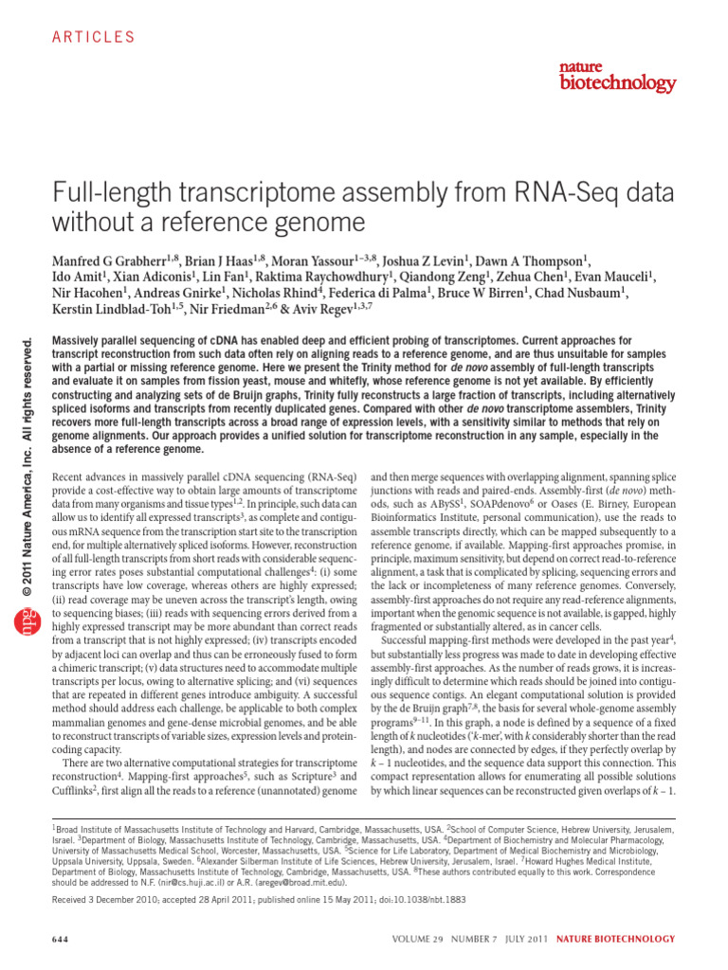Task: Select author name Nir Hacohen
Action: [90, 292]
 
